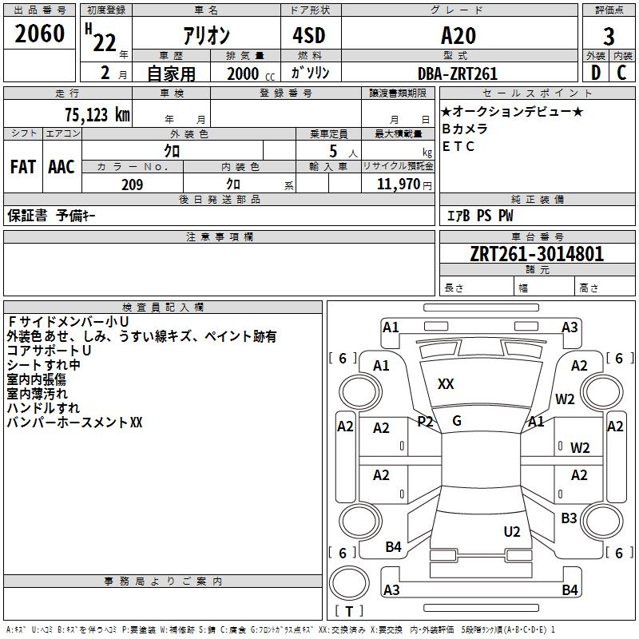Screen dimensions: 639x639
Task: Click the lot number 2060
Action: [x=39, y=34]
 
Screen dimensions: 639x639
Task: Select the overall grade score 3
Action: [x=609, y=37]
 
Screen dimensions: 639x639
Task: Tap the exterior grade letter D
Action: [x=596, y=73]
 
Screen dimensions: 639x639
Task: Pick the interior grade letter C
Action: [x=621, y=73]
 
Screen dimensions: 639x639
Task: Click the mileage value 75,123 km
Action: [x=97, y=114]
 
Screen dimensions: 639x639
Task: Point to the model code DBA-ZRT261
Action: [x=458, y=73]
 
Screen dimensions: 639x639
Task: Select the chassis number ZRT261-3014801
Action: [x=537, y=254]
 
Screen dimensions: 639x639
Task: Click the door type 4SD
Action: [x=309, y=35]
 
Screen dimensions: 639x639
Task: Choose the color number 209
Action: [x=132, y=185]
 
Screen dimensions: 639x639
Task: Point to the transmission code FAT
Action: [x=23, y=167]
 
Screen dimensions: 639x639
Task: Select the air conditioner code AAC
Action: [x=62, y=167]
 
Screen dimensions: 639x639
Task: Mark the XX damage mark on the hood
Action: [x=446, y=384]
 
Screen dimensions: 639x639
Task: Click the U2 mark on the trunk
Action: [x=512, y=532]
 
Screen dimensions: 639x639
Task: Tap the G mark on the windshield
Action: [x=457, y=421]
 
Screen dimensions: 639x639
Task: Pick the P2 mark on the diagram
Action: [x=425, y=422]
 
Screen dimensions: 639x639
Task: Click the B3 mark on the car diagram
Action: [x=569, y=518]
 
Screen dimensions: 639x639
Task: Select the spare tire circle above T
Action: [x=349, y=583]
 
